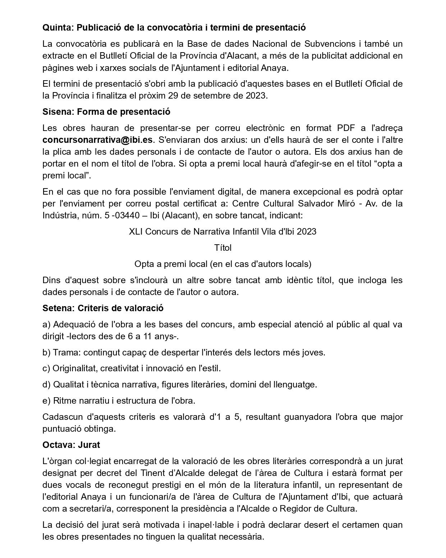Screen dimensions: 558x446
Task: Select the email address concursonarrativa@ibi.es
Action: (97, 140)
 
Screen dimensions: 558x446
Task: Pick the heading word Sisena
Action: (58, 112)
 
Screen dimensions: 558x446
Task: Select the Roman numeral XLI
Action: (136, 231)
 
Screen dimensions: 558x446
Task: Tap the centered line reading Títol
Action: (223, 248)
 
